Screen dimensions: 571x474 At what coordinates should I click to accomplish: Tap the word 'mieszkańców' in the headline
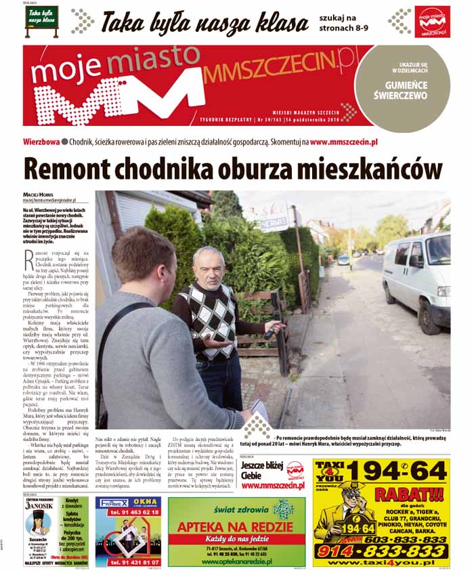click(x=366, y=169)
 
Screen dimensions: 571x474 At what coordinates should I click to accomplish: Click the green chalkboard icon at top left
click(x=42, y=22)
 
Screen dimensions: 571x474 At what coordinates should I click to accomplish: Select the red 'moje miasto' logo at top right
click(x=433, y=22)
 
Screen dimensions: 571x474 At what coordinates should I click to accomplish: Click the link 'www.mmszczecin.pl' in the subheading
click(x=343, y=143)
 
